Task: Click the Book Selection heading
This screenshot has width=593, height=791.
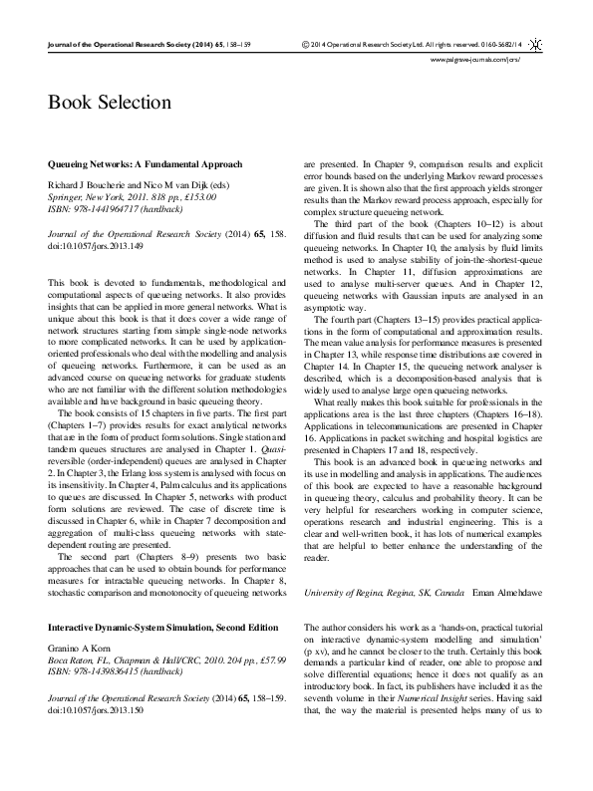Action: click(110, 103)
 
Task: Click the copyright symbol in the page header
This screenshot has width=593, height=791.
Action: click(304, 46)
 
